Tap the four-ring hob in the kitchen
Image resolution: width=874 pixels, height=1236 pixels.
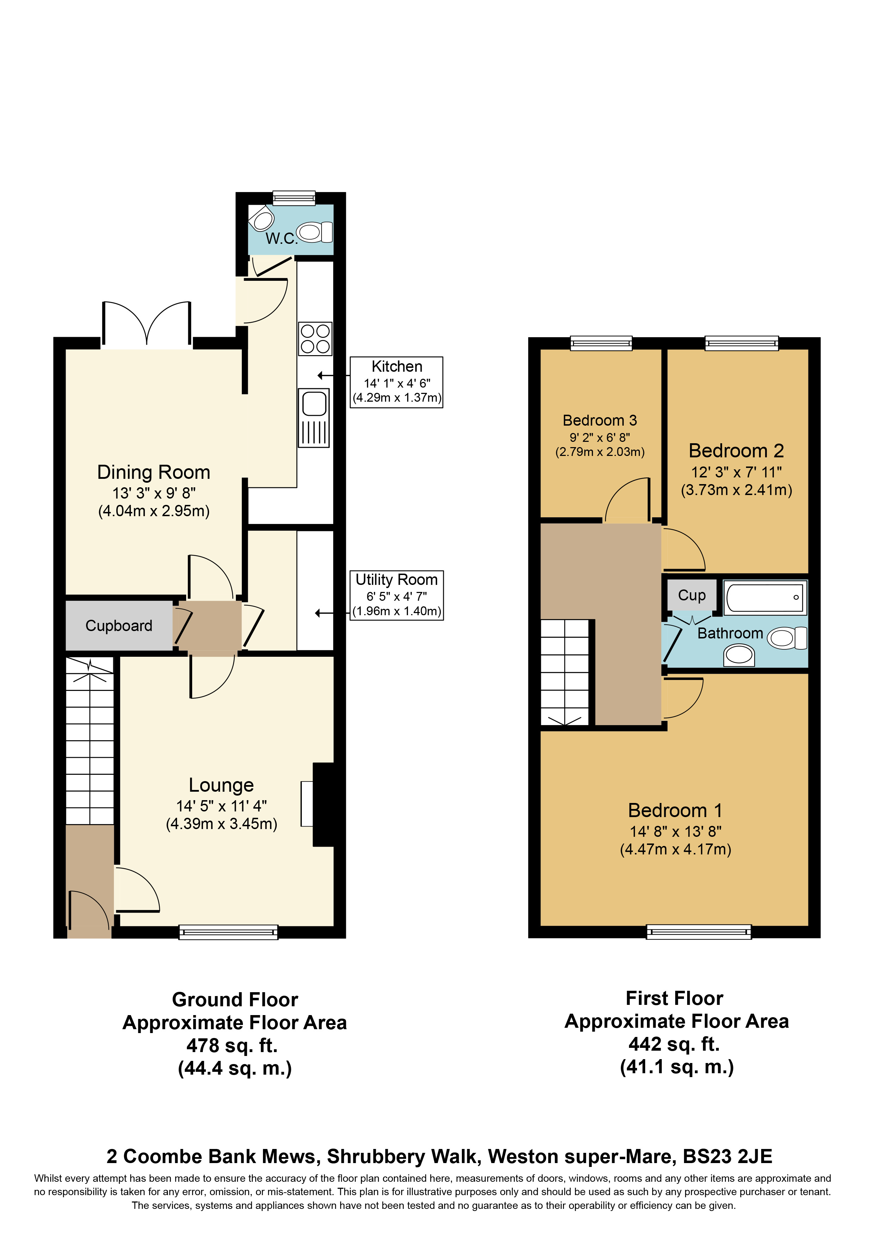[315, 339]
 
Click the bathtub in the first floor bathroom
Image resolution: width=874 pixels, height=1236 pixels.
[765, 597]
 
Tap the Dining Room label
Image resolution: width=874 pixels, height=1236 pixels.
[153, 472]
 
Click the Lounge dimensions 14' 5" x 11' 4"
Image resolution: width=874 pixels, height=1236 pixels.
[221, 806]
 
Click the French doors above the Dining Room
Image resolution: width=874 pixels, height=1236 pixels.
[146, 326]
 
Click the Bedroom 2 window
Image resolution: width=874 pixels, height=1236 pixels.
[741, 342]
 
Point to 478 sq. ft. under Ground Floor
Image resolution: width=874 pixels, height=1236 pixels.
[232, 1045]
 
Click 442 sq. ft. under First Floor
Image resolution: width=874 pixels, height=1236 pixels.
[674, 1044]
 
